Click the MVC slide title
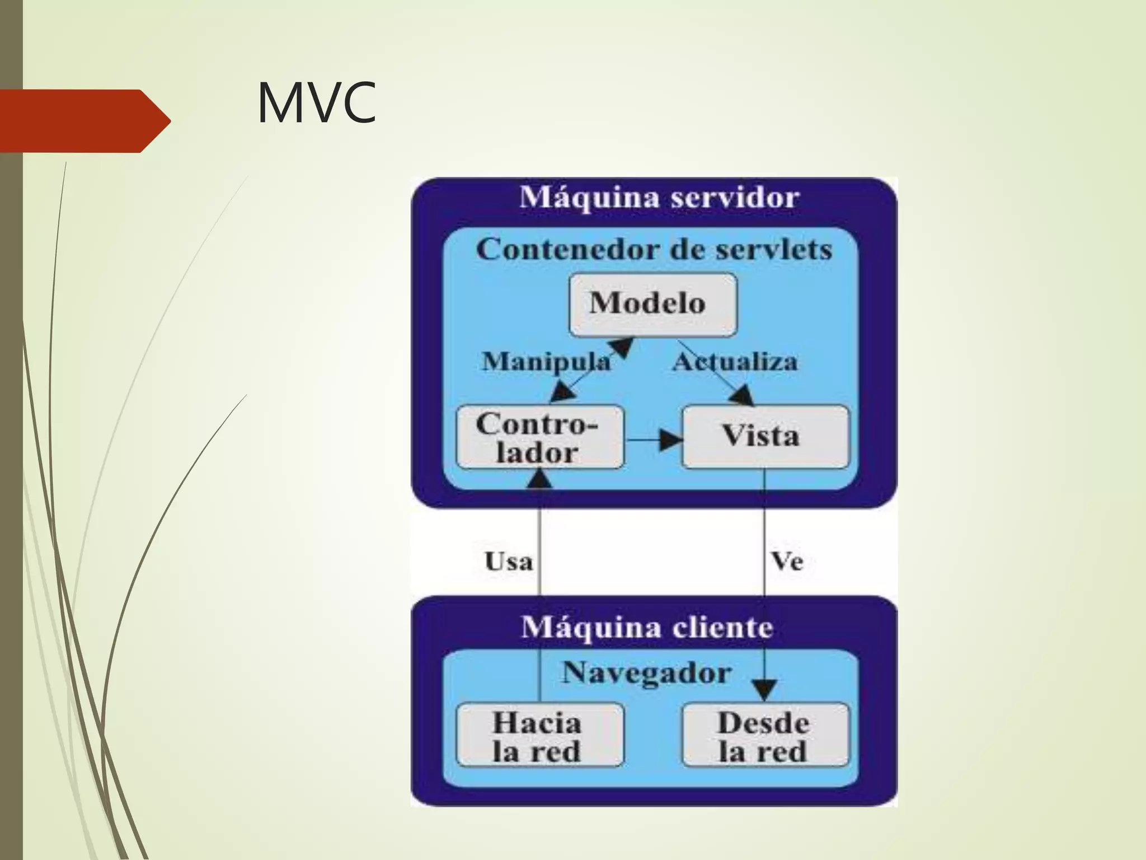tap(316, 103)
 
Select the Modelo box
tap(652, 305)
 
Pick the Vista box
tap(765, 437)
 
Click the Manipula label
tap(546, 362)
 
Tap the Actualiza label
tap(735, 362)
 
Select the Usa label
tap(508, 562)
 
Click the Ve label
tap(787, 562)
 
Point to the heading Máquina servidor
tap(659, 198)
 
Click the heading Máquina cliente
tap(647, 627)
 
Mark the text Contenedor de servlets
tap(654, 250)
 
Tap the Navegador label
tap(646, 672)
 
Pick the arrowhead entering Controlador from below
tap(540, 479)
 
